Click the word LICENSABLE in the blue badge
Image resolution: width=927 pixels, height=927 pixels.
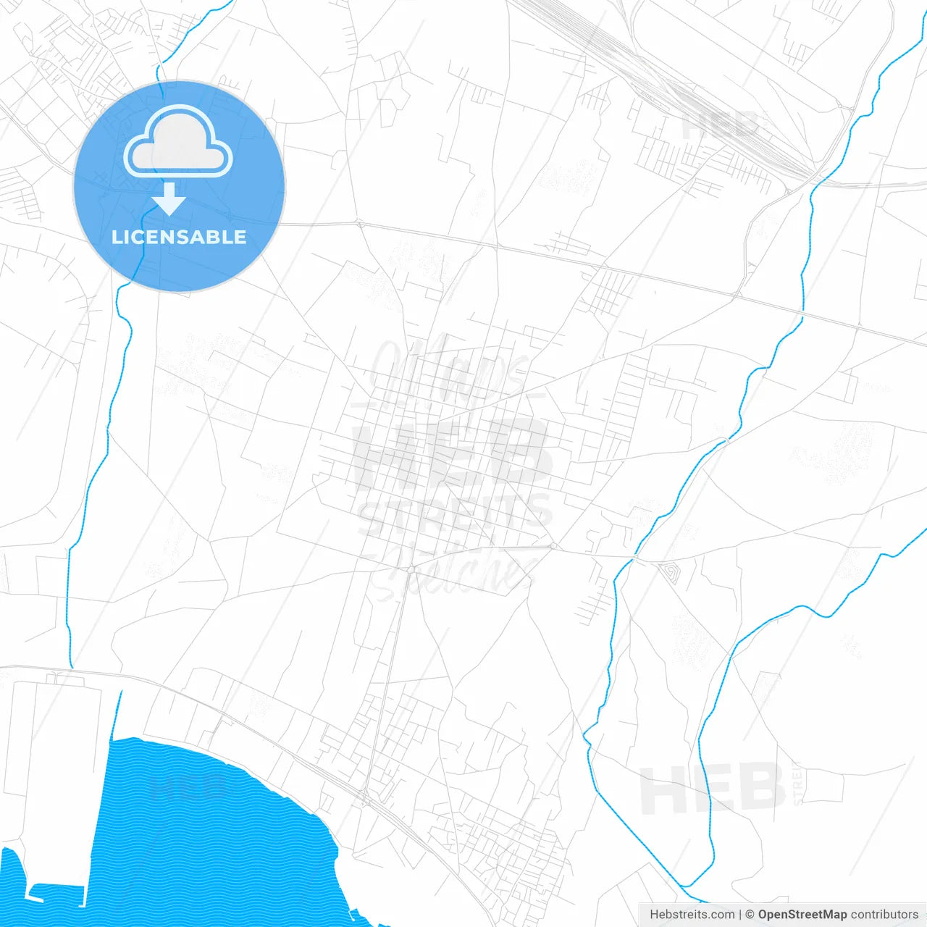pyautogui.click(x=179, y=237)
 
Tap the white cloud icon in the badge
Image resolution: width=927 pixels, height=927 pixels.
pyautogui.click(x=178, y=143)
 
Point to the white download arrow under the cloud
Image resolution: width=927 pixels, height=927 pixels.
pyautogui.click(x=169, y=199)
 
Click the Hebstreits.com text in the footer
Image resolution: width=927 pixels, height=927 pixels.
pyautogui.click(x=692, y=915)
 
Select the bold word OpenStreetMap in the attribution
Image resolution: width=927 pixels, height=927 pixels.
pyautogui.click(x=802, y=915)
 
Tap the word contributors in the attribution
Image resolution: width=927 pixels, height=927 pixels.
pyautogui.click(x=884, y=915)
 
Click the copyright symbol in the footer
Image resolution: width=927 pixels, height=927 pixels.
pyautogui.click(x=750, y=915)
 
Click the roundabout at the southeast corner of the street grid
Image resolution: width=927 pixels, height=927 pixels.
pyautogui.click(x=553, y=545)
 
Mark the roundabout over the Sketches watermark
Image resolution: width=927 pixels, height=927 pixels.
pyautogui.click(x=410, y=570)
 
